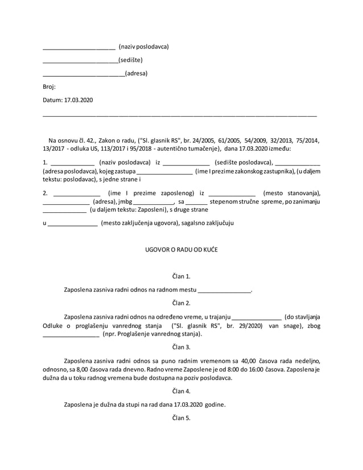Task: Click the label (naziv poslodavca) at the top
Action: coord(143,46)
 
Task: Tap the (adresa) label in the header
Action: coord(136,73)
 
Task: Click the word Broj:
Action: coord(49,86)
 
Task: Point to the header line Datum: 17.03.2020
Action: coord(68,100)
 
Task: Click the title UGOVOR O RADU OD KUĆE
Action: coord(181,250)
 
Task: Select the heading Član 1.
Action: coord(181,276)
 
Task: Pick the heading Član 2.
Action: coord(181,303)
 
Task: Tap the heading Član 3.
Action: coord(181,347)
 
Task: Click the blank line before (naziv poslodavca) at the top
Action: coord(79,48)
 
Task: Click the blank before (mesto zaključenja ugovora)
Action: coord(72,224)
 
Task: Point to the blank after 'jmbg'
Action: coord(154,203)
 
